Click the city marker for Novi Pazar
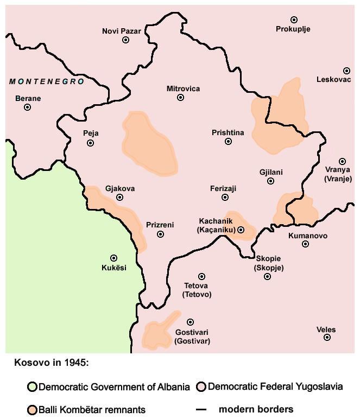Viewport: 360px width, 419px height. pos(125,40)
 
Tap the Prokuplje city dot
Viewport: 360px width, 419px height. pos(294,20)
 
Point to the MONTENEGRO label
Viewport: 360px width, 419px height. pos(47,81)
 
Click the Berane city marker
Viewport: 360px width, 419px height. pos(27,107)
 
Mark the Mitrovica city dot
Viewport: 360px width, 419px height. pos(180,97)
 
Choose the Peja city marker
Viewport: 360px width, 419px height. pos(90,143)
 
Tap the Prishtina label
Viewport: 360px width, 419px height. pos(228,132)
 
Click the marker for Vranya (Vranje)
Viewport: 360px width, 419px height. pos(342,161)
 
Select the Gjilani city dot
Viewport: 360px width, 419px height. pos(270,181)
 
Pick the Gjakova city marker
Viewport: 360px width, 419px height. pos(119,197)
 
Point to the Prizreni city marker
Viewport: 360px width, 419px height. pos(160,234)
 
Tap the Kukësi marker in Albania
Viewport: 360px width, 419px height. pos(113,258)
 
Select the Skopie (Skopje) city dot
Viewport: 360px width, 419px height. pos(267,276)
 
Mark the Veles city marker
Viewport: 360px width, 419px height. pos(327,337)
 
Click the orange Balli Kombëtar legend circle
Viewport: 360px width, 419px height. pos(32,410)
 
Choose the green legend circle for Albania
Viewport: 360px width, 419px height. pos(32,387)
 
